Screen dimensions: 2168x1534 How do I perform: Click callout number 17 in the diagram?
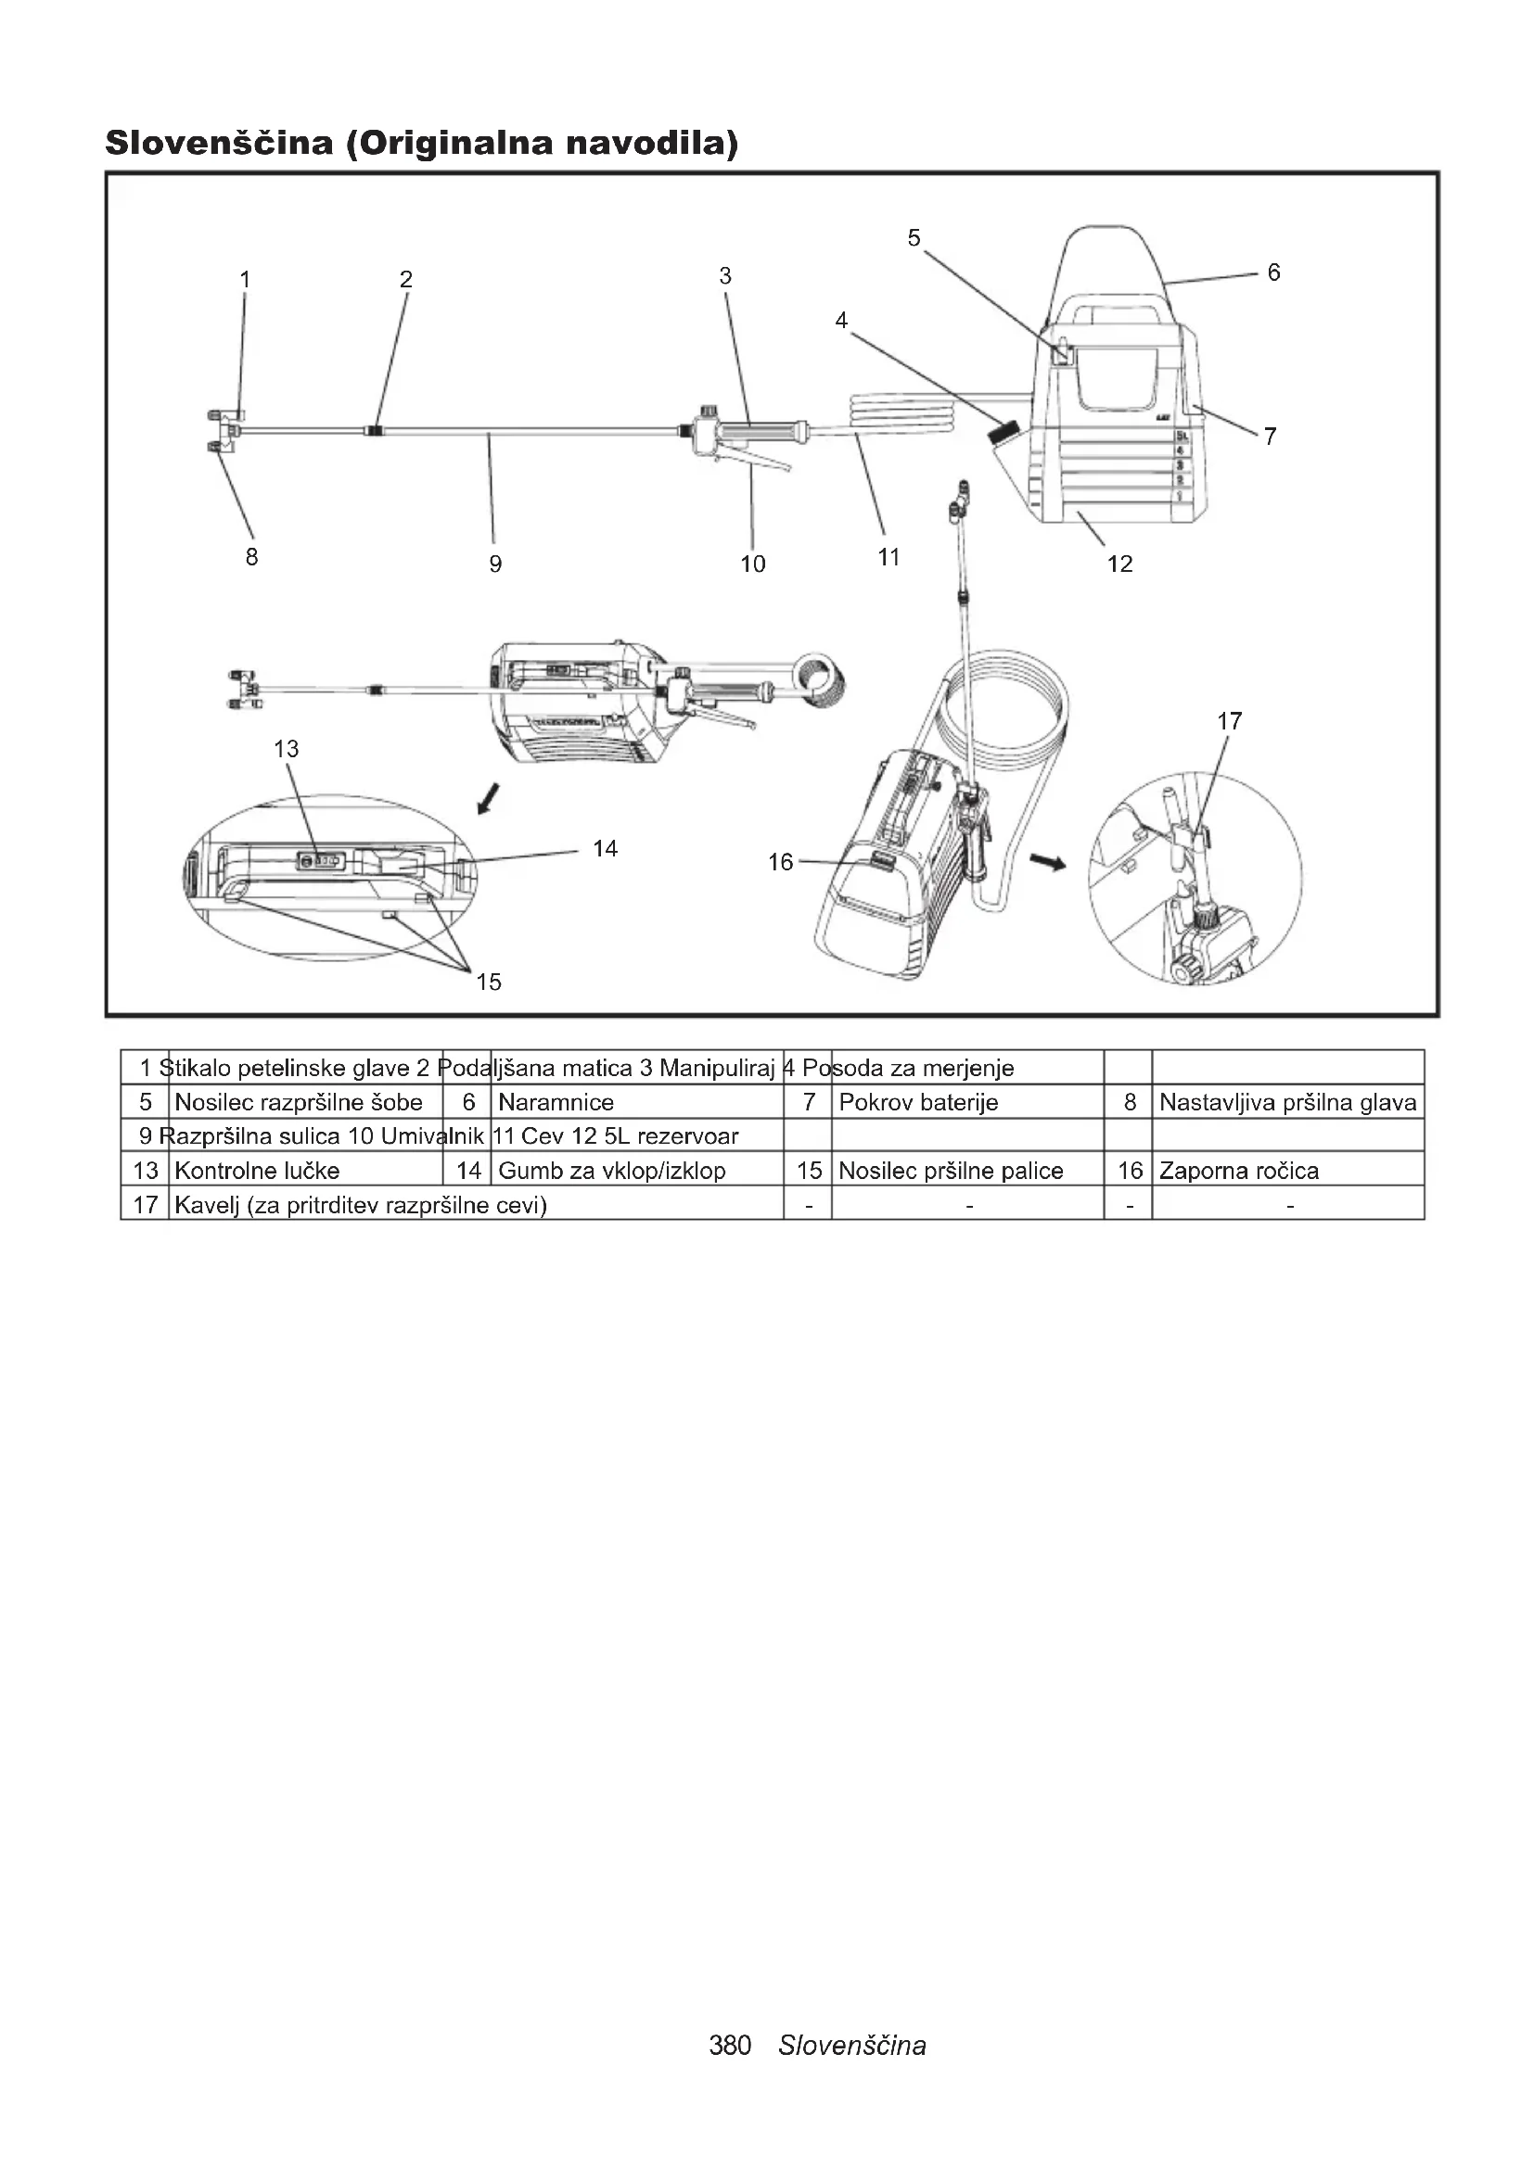pos(1229,721)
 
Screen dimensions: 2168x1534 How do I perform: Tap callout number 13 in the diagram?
pos(287,749)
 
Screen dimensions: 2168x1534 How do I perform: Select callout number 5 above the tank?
pos(914,238)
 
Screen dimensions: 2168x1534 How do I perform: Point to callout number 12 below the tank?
pos(1119,564)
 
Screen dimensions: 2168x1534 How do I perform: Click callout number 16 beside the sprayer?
pos(780,862)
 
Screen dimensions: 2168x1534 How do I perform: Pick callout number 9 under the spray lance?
pos(495,564)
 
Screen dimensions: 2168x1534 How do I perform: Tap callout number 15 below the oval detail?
pos(489,982)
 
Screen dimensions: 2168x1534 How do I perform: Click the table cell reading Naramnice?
pos(556,1102)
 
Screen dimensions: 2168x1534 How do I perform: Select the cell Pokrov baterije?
pos(918,1102)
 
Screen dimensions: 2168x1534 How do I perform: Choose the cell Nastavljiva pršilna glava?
pos(1287,1102)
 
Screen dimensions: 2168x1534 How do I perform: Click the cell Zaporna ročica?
pos(1238,1171)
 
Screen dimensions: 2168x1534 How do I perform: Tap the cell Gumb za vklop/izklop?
pos(611,1171)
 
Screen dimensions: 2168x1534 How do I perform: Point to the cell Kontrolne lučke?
pos(257,1171)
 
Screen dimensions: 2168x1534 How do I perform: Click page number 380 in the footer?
pos(730,2046)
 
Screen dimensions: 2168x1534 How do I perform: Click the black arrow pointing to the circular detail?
pos(1046,861)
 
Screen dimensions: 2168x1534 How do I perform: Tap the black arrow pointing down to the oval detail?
pos(488,799)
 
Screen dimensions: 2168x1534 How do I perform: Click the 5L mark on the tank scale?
pos(1182,437)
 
